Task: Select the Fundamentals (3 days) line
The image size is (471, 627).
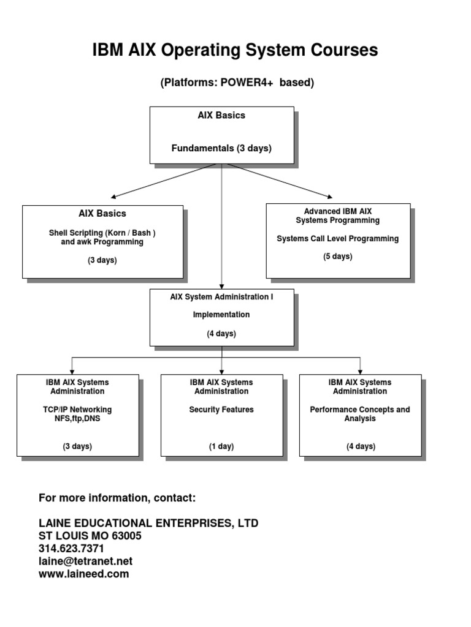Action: [221, 148]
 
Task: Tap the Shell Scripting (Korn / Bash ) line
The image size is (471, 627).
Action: [107, 233]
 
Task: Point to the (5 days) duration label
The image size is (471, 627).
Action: [337, 257]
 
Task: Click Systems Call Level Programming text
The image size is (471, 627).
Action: [337, 238]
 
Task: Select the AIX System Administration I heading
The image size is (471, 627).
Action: [221, 296]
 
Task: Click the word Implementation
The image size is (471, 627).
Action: [221, 315]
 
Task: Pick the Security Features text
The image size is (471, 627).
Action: [221, 410]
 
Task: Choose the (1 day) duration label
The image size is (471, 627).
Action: [221, 446]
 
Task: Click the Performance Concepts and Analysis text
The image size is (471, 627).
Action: [360, 414]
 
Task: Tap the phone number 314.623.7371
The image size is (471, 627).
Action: [71, 549]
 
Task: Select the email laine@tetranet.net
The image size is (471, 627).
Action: [85, 561]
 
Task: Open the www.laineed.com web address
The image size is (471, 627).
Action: [84, 574]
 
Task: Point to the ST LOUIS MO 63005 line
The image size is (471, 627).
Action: [90, 536]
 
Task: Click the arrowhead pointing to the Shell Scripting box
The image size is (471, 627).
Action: [114, 197]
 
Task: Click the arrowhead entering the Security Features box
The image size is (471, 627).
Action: [221, 371]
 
